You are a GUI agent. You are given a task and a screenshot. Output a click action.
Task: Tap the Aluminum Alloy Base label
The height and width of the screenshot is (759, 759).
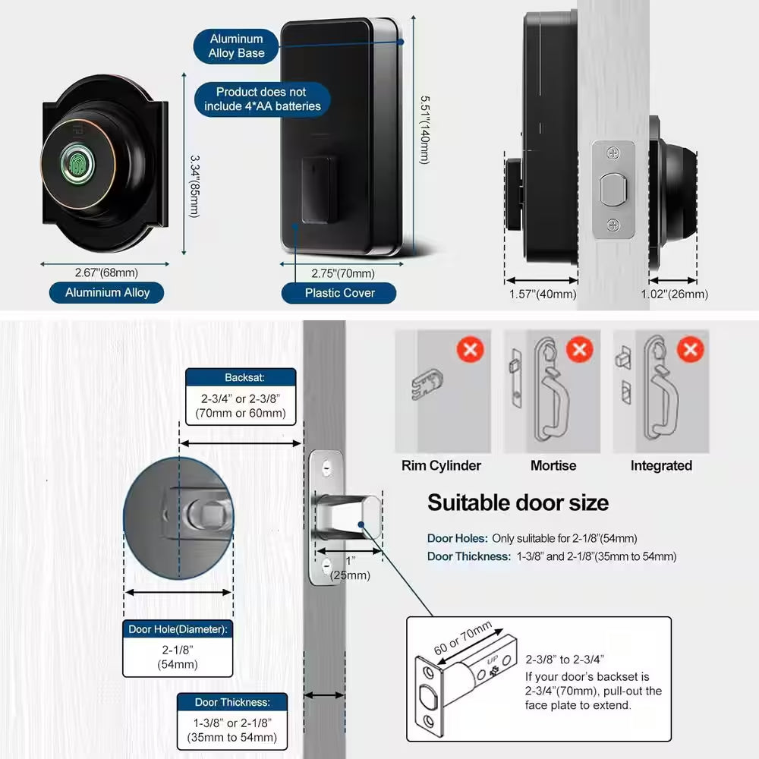pyautogui.click(x=236, y=46)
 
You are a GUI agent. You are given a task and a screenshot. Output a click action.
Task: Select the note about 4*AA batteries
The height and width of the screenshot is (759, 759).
pyautogui.click(x=262, y=99)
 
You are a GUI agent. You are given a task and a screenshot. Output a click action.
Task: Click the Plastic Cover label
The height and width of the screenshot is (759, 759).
pyautogui.click(x=339, y=292)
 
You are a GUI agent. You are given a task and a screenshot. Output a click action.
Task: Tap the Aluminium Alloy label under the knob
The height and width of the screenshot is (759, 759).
pyautogui.click(x=107, y=292)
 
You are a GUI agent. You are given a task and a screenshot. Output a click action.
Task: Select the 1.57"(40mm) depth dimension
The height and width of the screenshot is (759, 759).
pyautogui.click(x=542, y=294)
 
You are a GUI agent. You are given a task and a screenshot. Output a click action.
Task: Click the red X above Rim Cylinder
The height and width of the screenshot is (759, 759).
pyautogui.click(x=470, y=350)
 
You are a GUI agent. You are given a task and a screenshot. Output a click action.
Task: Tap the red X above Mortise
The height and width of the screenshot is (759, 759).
pyautogui.click(x=580, y=350)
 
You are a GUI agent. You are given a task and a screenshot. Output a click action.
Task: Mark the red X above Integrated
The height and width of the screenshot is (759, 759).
pyautogui.click(x=690, y=350)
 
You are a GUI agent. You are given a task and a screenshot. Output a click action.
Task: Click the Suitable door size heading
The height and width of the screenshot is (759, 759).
pyautogui.click(x=518, y=502)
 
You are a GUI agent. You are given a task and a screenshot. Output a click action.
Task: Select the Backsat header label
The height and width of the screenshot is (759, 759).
pyautogui.click(x=241, y=377)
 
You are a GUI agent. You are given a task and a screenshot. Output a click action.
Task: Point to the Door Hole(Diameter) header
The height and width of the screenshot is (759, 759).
pyautogui.click(x=177, y=628)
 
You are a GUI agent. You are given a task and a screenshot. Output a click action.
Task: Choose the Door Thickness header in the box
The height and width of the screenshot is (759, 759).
pyautogui.click(x=231, y=702)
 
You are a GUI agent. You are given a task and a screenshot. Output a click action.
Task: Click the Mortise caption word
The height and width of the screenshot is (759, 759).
pyautogui.click(x=553, y=465)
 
